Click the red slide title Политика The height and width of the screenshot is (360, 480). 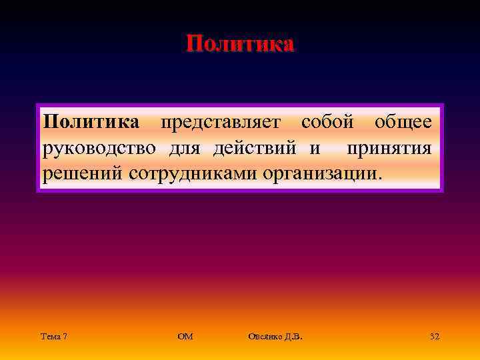[x=240, y=44]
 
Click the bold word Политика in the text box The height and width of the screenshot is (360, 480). [x=91, y=123]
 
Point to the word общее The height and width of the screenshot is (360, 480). [x=403, y=123]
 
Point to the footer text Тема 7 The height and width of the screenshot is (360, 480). [x=53, y=337]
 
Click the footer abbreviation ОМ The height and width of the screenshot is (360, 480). [x=185, y=337]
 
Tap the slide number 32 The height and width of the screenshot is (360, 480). [x=435, y=337]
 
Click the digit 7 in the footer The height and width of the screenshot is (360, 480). [x=64, y=337]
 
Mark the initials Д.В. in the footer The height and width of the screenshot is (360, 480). [x=293, y=337]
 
